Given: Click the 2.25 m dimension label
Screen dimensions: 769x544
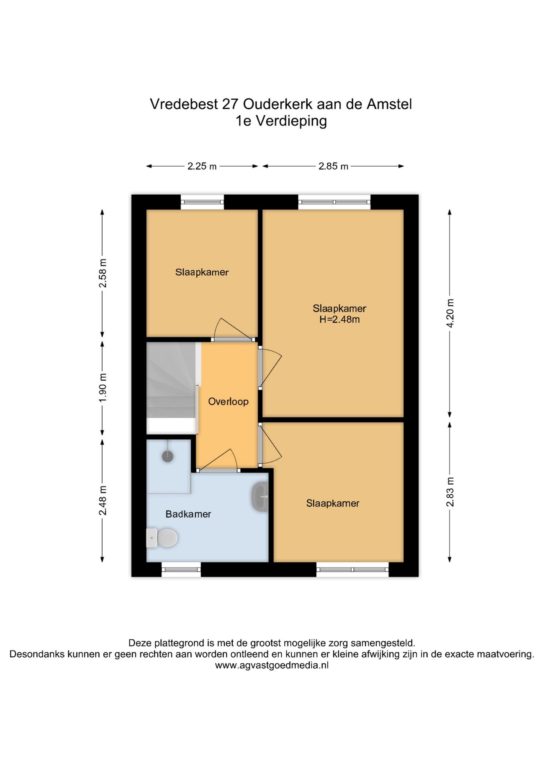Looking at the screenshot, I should tap(202, 166).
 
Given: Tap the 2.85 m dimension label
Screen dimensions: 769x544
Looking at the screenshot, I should tap(333, 166).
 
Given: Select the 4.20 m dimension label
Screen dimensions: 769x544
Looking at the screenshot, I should tap(450, 313).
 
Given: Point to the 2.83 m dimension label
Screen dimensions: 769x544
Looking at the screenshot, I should tap(450, 492).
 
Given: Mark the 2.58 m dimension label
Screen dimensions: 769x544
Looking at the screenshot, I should tap(103, 273).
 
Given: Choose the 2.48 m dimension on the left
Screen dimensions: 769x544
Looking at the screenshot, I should tap(103, 500).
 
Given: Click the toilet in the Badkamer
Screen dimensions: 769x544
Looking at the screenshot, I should tap(163, 537).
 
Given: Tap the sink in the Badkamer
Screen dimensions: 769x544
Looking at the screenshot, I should tap(260, 497).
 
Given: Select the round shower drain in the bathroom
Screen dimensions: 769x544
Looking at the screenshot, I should tap(167, 456).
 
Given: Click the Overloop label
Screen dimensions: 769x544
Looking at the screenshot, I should tap(228, 401).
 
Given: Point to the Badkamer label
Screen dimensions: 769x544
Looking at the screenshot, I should tap(188, 514).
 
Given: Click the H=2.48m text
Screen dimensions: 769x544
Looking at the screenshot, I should tap(339, 320).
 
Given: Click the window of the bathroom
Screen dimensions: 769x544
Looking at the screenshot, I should tap(181, 569).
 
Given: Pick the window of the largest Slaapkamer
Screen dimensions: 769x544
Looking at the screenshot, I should tap(334, 202).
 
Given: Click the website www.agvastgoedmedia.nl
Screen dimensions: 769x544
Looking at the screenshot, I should tap(272, 665).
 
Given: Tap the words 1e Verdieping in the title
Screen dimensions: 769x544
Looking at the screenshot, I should tap(281, 121).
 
